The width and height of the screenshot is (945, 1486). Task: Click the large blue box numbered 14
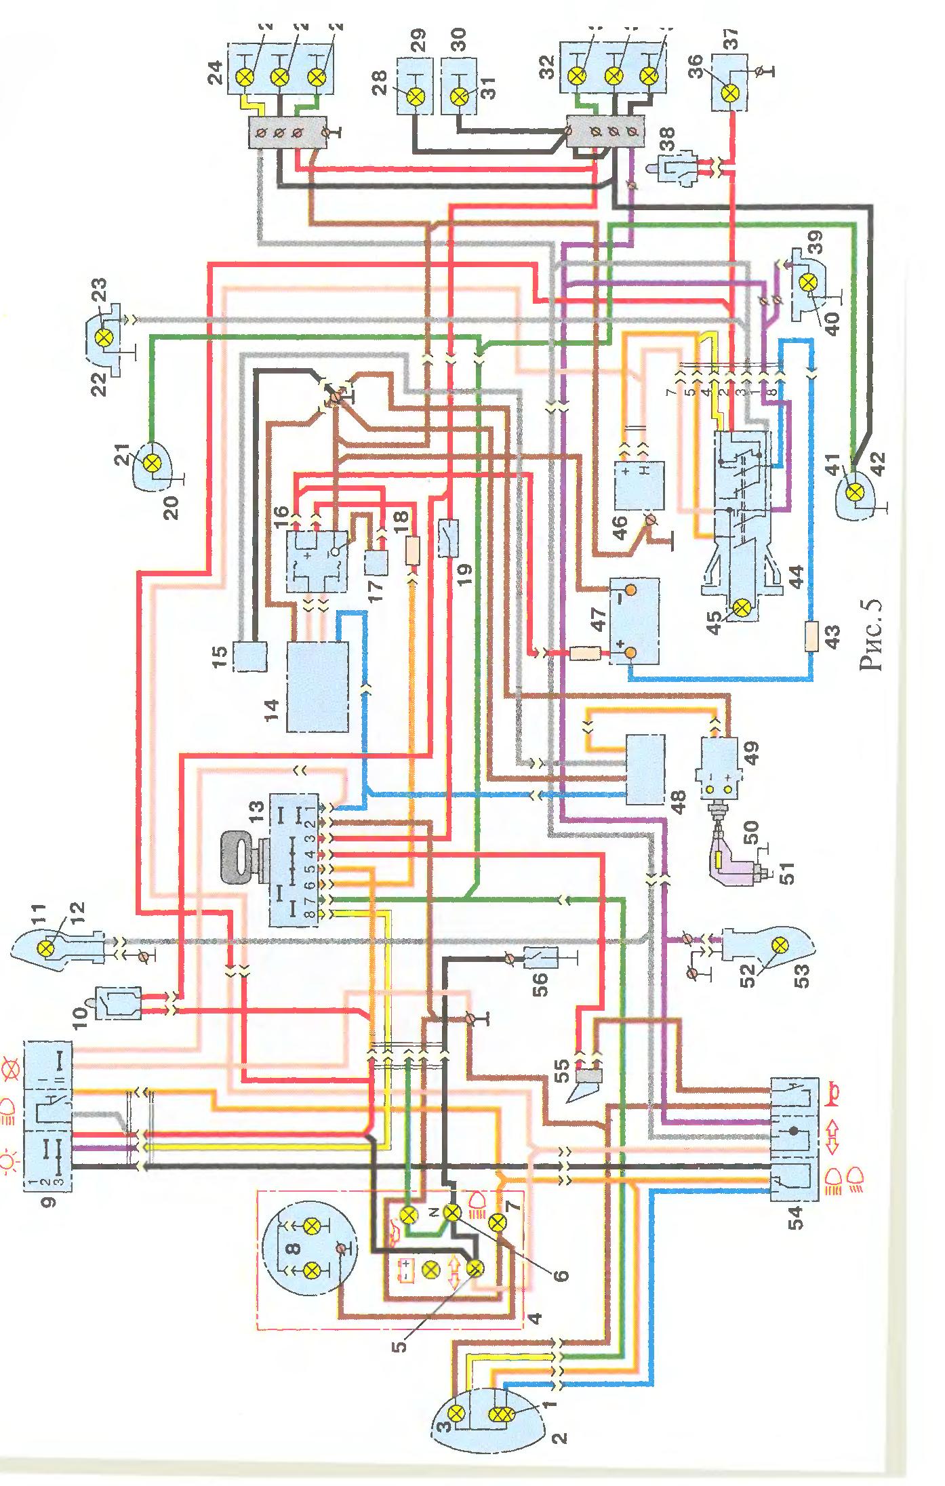(x=318, y=687)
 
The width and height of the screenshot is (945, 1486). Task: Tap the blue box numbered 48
(x=645, y=769)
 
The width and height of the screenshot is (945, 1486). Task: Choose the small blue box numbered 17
(x=375, y=562)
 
